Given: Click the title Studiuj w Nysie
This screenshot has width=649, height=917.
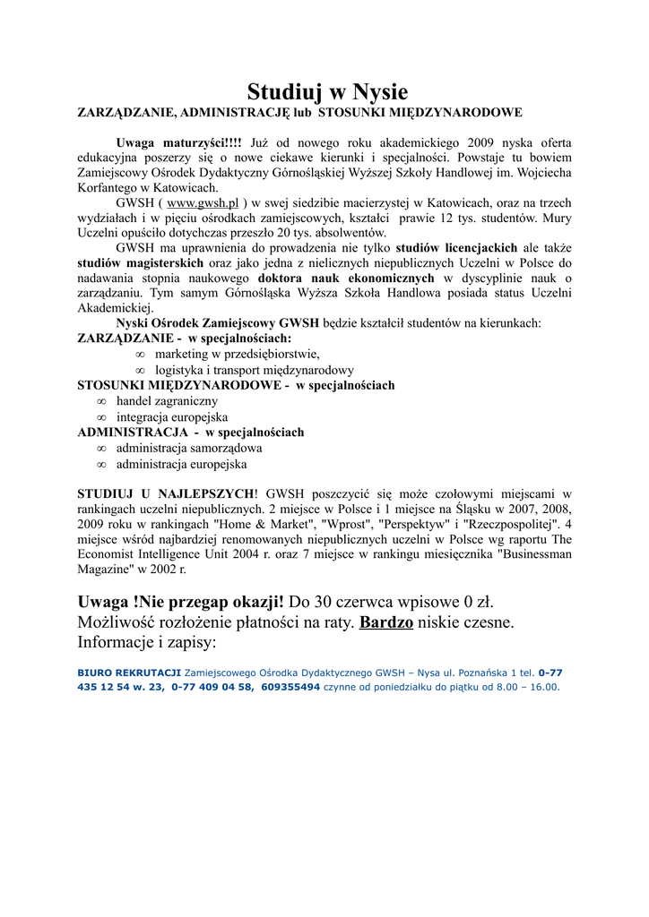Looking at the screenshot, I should click(x=327, y=91).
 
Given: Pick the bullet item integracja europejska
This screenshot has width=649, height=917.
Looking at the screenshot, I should click(x=171, y=417).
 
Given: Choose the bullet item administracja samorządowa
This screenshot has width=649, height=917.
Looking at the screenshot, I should click(x=189, y=448).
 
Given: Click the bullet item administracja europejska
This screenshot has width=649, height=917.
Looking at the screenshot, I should click(x=181, y=464).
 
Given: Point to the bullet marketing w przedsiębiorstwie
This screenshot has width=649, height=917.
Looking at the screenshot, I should click(x=237, y=354).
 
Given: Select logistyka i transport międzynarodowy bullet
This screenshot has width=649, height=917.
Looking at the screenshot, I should click(x=254, y=369).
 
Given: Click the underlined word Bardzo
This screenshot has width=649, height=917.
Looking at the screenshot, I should click(x=386, y=621).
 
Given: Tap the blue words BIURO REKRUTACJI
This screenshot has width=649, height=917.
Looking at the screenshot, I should click(x=128, y=673).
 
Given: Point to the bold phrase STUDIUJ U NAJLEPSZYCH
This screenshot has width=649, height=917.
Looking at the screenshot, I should click(x=166, y=493).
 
